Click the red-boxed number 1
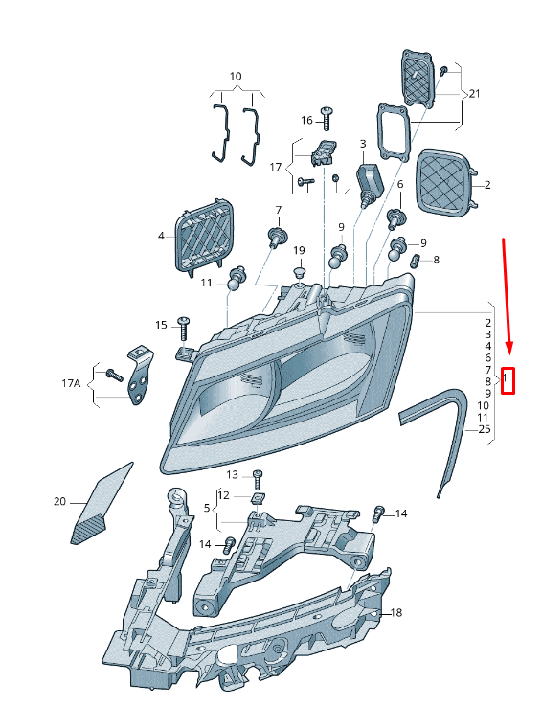click(x=506, y=376)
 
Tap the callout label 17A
click(x=71, y=383)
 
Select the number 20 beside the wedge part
click(x=60, y=501)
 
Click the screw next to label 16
click(x=327, y=118)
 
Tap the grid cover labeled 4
click(x=205, y=236)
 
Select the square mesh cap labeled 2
click(x=446, y=183)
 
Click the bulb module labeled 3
click(x=370, y=185)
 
